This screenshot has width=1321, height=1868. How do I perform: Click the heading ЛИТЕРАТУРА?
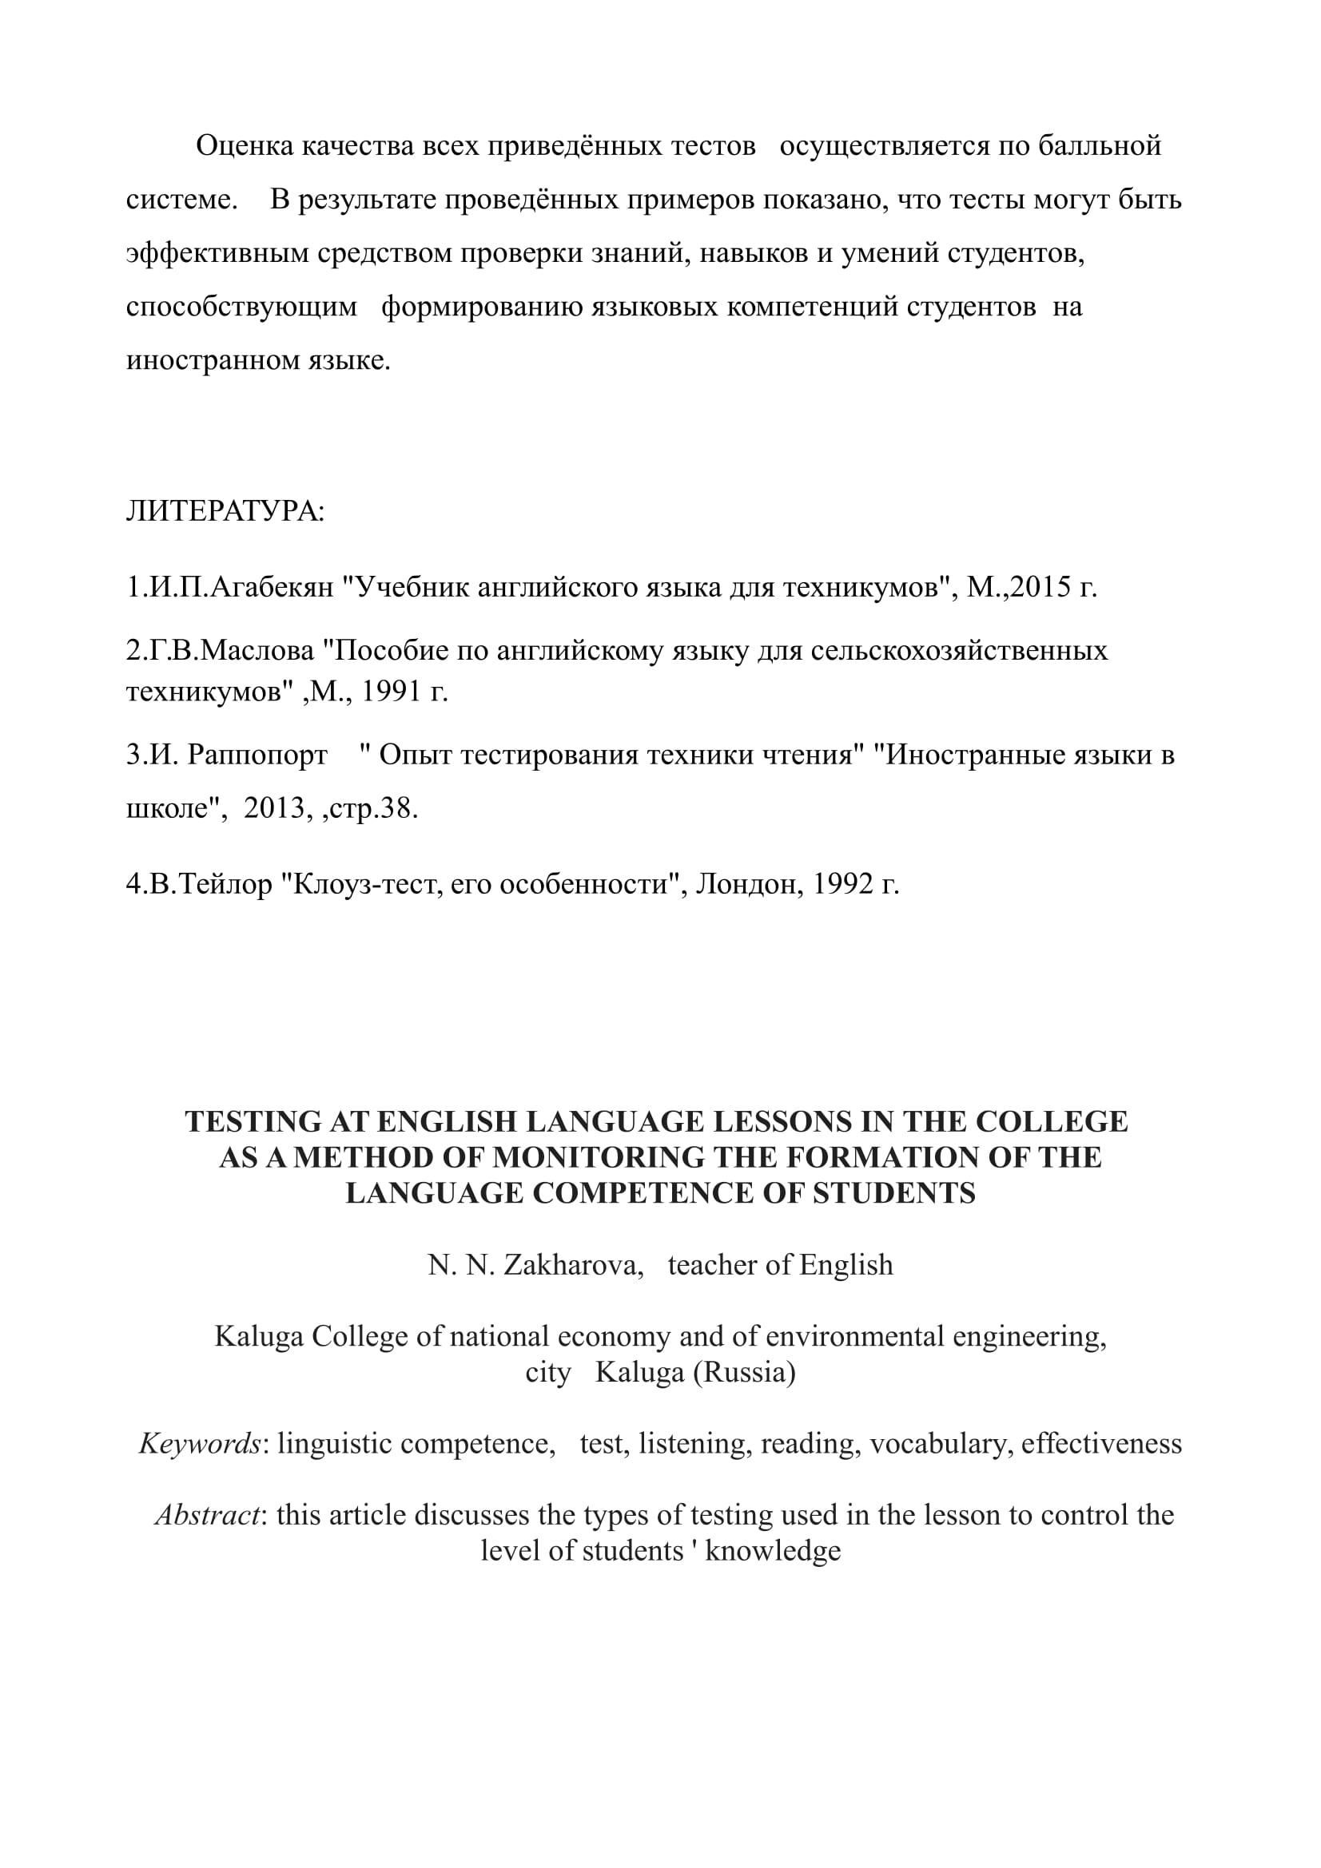click(x=224, y=512)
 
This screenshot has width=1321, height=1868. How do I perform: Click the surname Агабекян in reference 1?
click(x=272, y=588)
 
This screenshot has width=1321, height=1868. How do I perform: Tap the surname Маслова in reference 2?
click(x=257, y=651)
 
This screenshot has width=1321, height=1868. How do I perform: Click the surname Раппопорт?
click(x=257, y=755)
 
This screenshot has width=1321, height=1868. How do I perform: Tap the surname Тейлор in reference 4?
click(x=225, y=883)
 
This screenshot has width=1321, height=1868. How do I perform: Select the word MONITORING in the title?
click(x=598, y=1158)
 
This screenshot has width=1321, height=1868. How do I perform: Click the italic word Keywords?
click(x=200, y=1443)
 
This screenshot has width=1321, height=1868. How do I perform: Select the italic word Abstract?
click(x=207, y=1515)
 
